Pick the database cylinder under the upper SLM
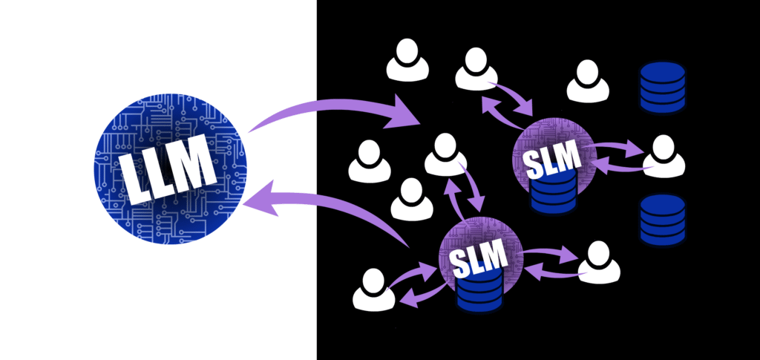pos(552,194)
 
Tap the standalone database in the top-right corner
pos(662,86)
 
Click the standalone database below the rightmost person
pos(662,220)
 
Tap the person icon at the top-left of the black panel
pos(407,62)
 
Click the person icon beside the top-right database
pos(588,82)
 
